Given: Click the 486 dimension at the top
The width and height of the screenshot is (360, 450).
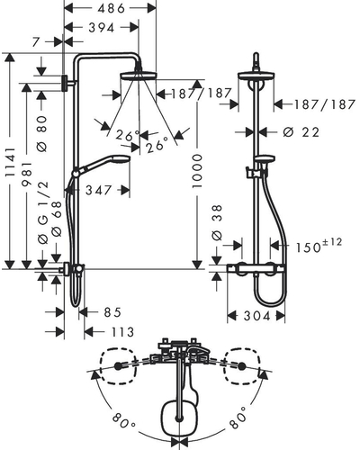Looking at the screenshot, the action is click(x=111, y=8).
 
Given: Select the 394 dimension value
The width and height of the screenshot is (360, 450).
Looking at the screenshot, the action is click(x=102, y=28).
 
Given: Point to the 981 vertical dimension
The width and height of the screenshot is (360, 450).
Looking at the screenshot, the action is click(x=27, y=174).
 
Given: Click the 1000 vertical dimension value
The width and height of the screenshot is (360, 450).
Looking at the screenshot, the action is click(x=197, y=171).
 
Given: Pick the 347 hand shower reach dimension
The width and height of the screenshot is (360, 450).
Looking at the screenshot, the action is click(x=98, y=190).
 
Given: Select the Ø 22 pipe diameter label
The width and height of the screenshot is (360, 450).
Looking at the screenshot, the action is click(x=301, y=132).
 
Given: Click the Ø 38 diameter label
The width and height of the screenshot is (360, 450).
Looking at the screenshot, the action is click(x=217, y=222).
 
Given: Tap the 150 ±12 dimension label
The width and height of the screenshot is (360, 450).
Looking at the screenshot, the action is click(x=319, y=246).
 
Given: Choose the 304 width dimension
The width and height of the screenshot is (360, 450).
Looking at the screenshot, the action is click(x=256, y=316).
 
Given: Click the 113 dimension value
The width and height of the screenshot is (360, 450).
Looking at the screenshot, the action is click(x=122, y=332).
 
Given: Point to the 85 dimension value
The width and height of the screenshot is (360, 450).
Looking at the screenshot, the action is click(x=112, y=312).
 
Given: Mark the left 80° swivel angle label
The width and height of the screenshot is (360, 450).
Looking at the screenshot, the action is click(x=124, y=421).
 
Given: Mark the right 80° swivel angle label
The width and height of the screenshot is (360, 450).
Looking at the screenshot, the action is click(x=238, y=418).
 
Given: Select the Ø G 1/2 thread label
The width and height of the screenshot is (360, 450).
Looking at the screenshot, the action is click(x=43, y=212).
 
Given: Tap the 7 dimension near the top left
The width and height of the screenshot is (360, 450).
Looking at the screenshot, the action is click(x=36, y=42).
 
